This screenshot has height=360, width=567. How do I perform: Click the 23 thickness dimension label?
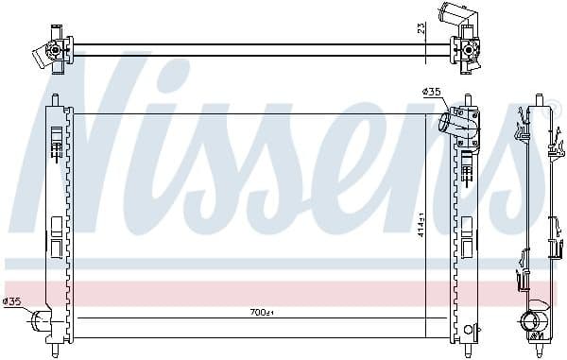pos(422,27)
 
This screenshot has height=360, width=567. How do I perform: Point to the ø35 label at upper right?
pos(430,92)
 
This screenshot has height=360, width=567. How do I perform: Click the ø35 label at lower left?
pos(11,302)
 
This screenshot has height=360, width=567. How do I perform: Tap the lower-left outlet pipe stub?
pos(38,320)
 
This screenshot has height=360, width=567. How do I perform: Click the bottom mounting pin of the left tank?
pos(58,351)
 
